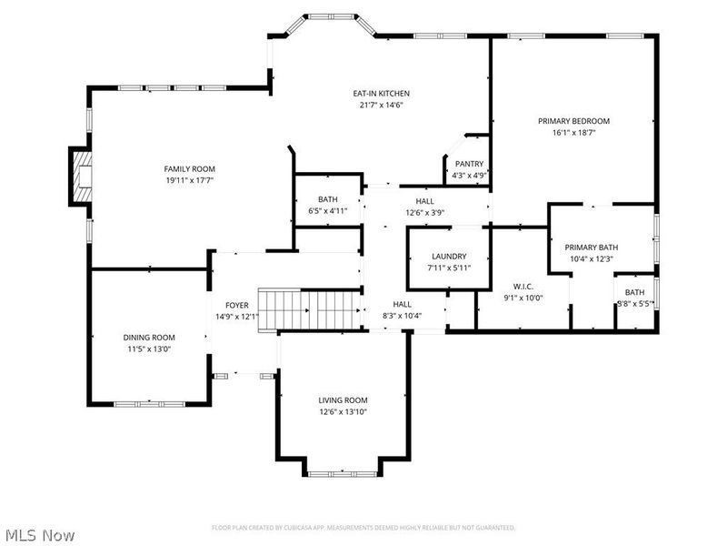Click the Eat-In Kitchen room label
pyautogui.click(x=382, y=94)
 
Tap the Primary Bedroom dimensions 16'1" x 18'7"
pyautogui.click(x=573, y=133)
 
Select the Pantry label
pyautogui.click(x=470, y=164)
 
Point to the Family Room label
pyautogui.click(x=189, y=168)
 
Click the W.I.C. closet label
pyautogui.click(x=522, y=287)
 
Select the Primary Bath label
pyautogui.click(x=592, y=248)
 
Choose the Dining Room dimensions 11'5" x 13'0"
pyautogui.click(x=149, y=349)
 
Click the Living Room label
pyautogui.click(x=343, y=400)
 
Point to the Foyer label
pyautogui.click(x=237, y=305)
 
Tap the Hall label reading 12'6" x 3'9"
pyautogui.click(x=424, y=213)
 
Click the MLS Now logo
pyautogui.click(x=41, y=536)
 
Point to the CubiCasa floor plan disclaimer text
pyautogui.click(x=363, y=527)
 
